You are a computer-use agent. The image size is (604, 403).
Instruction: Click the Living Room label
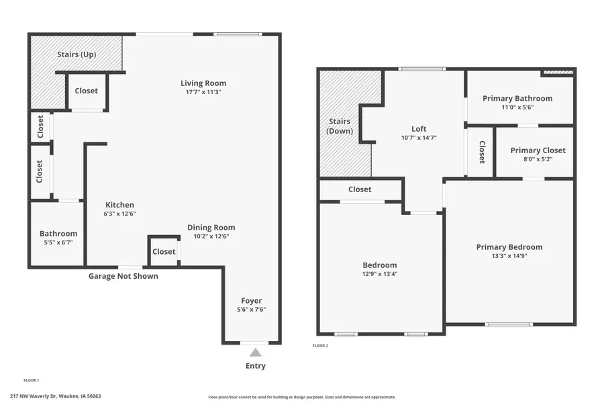[x=203, y=83]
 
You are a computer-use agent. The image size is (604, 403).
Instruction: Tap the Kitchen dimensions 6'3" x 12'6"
[x=120, y=214]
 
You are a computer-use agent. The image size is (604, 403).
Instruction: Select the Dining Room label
[x=211, y=228]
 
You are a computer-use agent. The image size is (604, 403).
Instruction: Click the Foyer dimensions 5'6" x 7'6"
[x=252, y=310]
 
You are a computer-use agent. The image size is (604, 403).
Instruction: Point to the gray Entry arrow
[x=256, y=352]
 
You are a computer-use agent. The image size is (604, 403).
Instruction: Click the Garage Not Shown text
[x=123, y=276]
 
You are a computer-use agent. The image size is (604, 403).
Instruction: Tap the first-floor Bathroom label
[x=58, y=234]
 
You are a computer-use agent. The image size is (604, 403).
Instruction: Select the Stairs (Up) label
[x=76, y=54]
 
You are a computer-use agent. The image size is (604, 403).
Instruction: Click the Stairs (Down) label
[x=340, y=126]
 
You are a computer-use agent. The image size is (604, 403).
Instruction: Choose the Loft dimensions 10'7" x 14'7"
[x=419, y=138]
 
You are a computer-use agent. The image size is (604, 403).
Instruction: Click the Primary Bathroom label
[x=517, y=99]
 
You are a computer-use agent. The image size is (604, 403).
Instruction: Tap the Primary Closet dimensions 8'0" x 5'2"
[x=538, y=160]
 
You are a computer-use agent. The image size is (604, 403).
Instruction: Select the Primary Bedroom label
[x=509, y=247]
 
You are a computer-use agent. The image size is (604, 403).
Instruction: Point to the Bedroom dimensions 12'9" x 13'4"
[x=380, y=274]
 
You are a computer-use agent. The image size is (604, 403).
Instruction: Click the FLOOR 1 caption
[x=32, y=380]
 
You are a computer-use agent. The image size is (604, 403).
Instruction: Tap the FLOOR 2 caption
[x=320, y=346]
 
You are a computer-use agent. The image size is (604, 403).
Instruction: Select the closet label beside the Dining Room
[x=164, y=252]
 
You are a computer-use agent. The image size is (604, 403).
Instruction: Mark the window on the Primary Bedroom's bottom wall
[x=509, y=324]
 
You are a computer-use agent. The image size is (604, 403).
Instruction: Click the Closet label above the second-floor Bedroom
[x=360, y=189]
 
